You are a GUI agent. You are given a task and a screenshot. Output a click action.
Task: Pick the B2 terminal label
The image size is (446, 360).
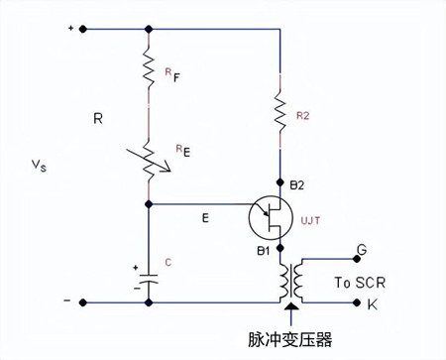tap(297, 183)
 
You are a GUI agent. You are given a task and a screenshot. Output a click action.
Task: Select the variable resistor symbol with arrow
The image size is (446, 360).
tap(148, 156)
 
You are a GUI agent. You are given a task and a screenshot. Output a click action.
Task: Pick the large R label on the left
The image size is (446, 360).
tap(98, 118)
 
